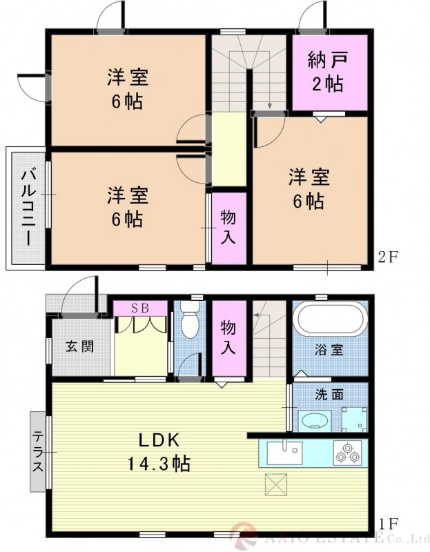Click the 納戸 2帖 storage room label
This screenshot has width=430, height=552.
click(x=324, y=72)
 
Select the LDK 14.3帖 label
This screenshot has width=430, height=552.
click(x=160, y=451)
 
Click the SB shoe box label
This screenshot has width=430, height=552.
click(x=140, y=308)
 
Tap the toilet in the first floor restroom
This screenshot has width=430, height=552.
click(x=190, y=321)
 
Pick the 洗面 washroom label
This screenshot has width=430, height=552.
click(x=329, y=395)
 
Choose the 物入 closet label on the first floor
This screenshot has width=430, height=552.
click(x=228, y=337)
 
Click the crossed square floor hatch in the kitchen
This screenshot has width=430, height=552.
click(x=276, y=485)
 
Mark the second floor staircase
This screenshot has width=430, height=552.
click(x=248, y=69)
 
